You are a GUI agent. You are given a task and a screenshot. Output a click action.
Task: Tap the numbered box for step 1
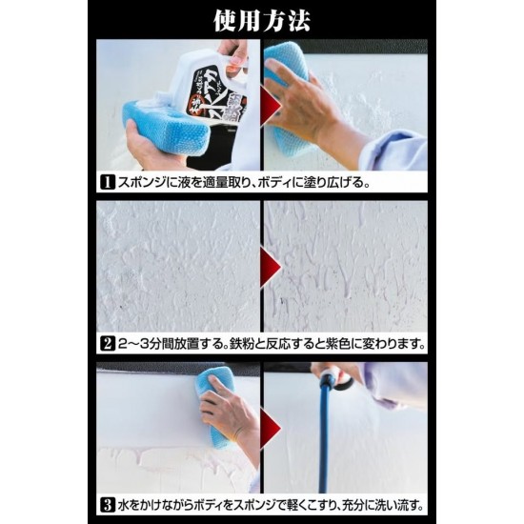click(110, 180)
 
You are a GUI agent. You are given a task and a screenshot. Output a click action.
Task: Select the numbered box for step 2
click(110, 343)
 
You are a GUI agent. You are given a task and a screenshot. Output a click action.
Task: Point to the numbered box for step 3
click(110, 505)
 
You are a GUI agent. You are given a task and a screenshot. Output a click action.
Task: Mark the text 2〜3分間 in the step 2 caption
click(145, 343)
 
